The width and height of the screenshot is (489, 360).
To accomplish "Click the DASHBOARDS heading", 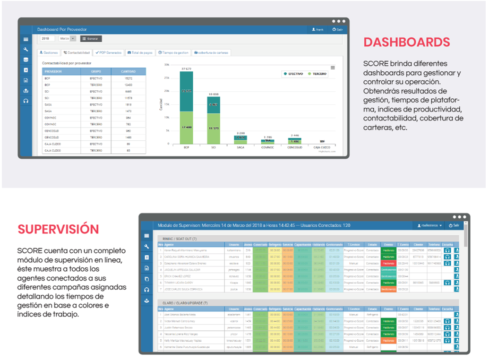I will point(406,42).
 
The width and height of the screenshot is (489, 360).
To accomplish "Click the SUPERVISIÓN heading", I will point(58,230).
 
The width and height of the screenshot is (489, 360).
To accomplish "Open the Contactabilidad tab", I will point(77,52).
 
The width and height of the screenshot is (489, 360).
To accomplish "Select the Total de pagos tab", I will point(140,52).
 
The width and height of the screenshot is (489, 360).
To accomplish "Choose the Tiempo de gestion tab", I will point(173,52).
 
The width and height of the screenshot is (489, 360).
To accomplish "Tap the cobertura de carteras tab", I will point(211,52).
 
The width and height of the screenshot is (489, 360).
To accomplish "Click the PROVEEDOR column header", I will point(53,71).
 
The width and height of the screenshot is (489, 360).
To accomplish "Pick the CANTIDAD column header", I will point(129,71).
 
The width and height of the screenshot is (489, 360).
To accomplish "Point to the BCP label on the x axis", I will point(186,147).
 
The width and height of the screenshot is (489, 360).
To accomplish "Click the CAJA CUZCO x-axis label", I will point(322,147).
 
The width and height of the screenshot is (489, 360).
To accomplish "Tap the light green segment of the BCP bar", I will point(186,128).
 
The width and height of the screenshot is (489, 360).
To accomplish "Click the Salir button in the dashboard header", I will point(337,29).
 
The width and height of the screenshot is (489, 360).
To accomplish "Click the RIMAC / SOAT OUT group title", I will point(180,239).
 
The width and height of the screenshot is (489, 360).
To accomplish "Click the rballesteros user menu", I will point(429,225).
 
